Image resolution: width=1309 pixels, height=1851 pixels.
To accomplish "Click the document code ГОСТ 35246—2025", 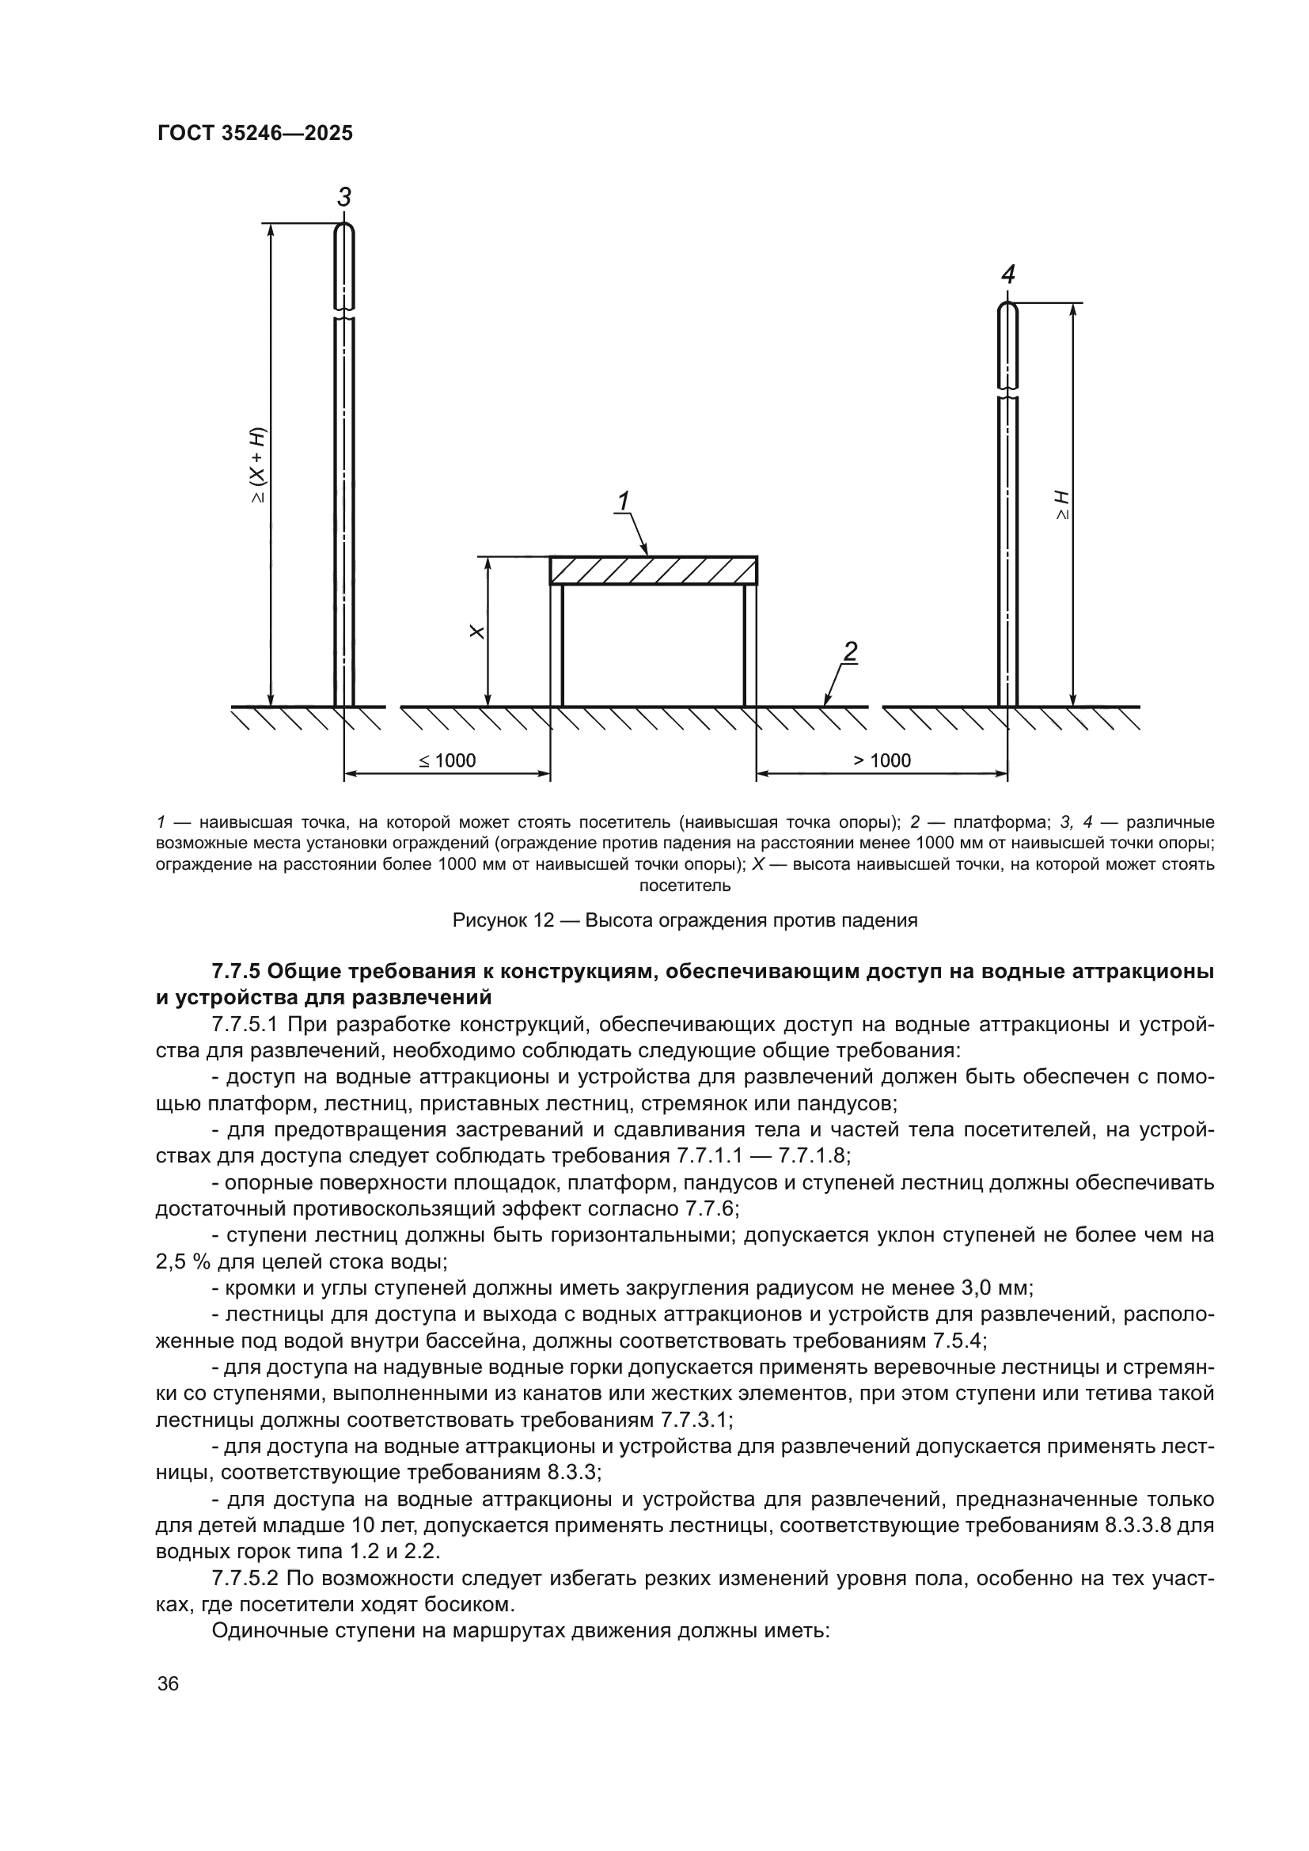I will coord(255,134).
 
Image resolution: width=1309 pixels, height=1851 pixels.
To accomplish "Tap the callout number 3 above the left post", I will coord(344,198).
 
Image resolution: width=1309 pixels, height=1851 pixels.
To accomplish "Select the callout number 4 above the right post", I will coord(1007,275).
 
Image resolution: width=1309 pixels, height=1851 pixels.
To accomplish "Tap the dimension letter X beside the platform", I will coord(477,632).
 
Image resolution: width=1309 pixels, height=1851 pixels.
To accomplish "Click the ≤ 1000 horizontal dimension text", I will coord(448,761).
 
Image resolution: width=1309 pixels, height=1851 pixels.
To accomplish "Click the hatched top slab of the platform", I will coord(653,570).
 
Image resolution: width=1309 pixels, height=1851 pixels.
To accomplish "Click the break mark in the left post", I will coord(344,313).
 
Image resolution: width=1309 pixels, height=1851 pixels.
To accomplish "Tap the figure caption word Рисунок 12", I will coord(503,920).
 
